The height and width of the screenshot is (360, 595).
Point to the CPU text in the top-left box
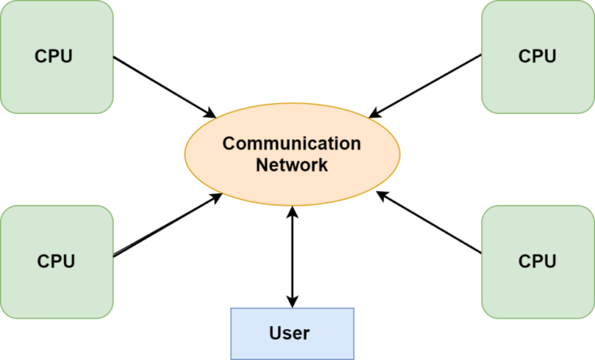click(54, 57)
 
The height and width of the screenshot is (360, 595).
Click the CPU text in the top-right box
click(537, 57)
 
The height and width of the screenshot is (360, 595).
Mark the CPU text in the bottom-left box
click(56, 261)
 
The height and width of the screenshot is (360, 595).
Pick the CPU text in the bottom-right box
click(537, 261)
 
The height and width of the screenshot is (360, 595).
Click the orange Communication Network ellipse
click(292, 184)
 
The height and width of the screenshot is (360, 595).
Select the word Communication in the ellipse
click(292, 143)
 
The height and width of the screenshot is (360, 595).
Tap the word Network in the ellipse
click(292, 165)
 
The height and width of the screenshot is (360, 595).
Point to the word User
click(289, 333)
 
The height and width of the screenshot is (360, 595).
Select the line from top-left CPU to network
click(156, 84)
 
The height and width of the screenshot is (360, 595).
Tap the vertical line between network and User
click(293, 257)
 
